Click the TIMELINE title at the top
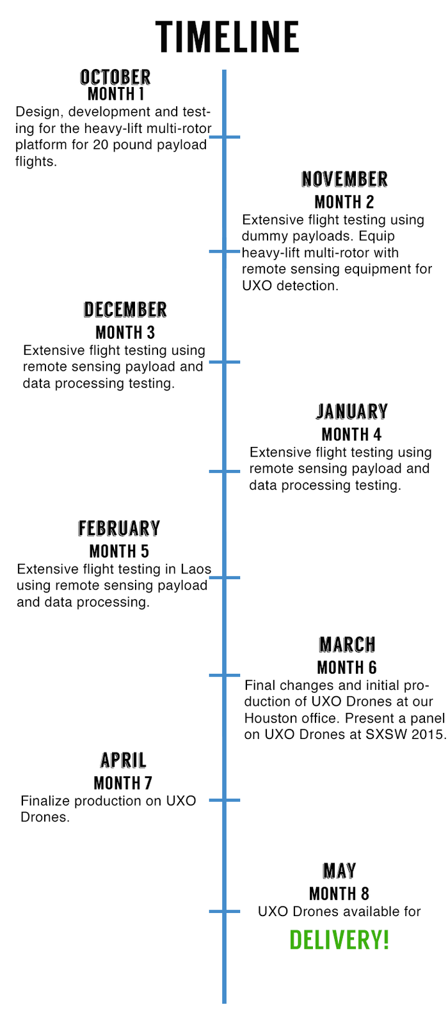(227, 36)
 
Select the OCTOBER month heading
(115, 77)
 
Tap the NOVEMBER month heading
(344, 179)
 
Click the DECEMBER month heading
(125, 310)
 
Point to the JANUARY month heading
(352, 412)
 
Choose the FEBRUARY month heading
(119, 529)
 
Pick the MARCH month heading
(347, 644)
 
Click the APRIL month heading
(123, 760)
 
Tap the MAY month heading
(339, 871)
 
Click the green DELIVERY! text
(339, 940)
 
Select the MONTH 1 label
(116, 94)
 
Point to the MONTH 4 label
(351, 435)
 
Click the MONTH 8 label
(339, 894)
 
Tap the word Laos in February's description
(196, 569)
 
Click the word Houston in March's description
(268, 718)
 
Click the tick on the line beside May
(225, 911)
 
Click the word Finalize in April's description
(45, 801)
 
